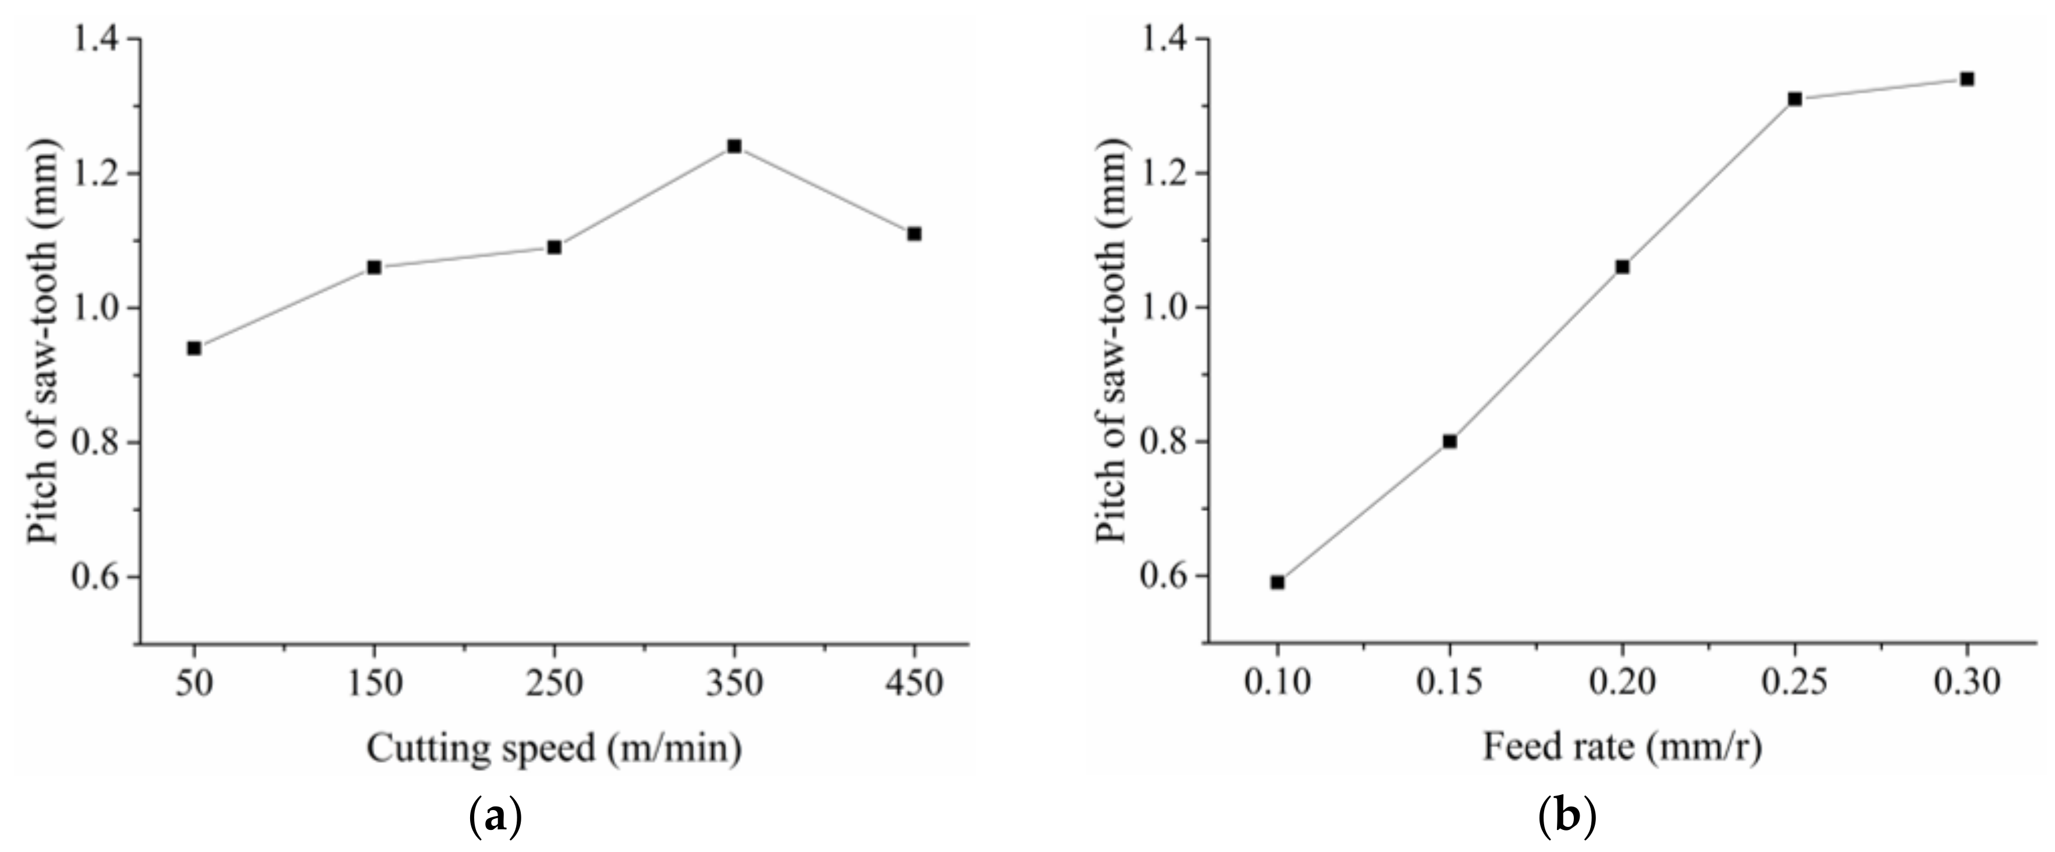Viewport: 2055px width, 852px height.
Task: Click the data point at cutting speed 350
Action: tap(734, 147)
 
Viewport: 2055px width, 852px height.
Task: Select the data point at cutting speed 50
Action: tap(194, 349)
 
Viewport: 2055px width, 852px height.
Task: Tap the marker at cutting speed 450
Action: tap(914, 234)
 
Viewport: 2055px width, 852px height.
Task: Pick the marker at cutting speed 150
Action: tap(374, 267)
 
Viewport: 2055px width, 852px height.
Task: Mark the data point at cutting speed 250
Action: tap(554, 247)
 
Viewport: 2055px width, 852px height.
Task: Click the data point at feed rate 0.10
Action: tap(1277, 583)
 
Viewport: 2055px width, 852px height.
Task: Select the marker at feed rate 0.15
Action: tap(1449, 441)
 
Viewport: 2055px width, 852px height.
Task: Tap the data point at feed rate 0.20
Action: tap(1622, 267)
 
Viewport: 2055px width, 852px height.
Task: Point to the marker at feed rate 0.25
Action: tap(1795, 99)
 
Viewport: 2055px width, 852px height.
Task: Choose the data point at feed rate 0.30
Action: tap(1967, 79)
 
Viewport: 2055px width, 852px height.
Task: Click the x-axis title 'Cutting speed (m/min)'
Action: tap(554, 749)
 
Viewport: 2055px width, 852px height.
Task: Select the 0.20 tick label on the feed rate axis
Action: tap(1622, 683)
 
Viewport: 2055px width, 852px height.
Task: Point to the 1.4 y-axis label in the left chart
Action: tap(96, 38)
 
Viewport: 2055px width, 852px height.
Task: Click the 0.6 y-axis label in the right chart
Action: tap(1163, 576)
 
